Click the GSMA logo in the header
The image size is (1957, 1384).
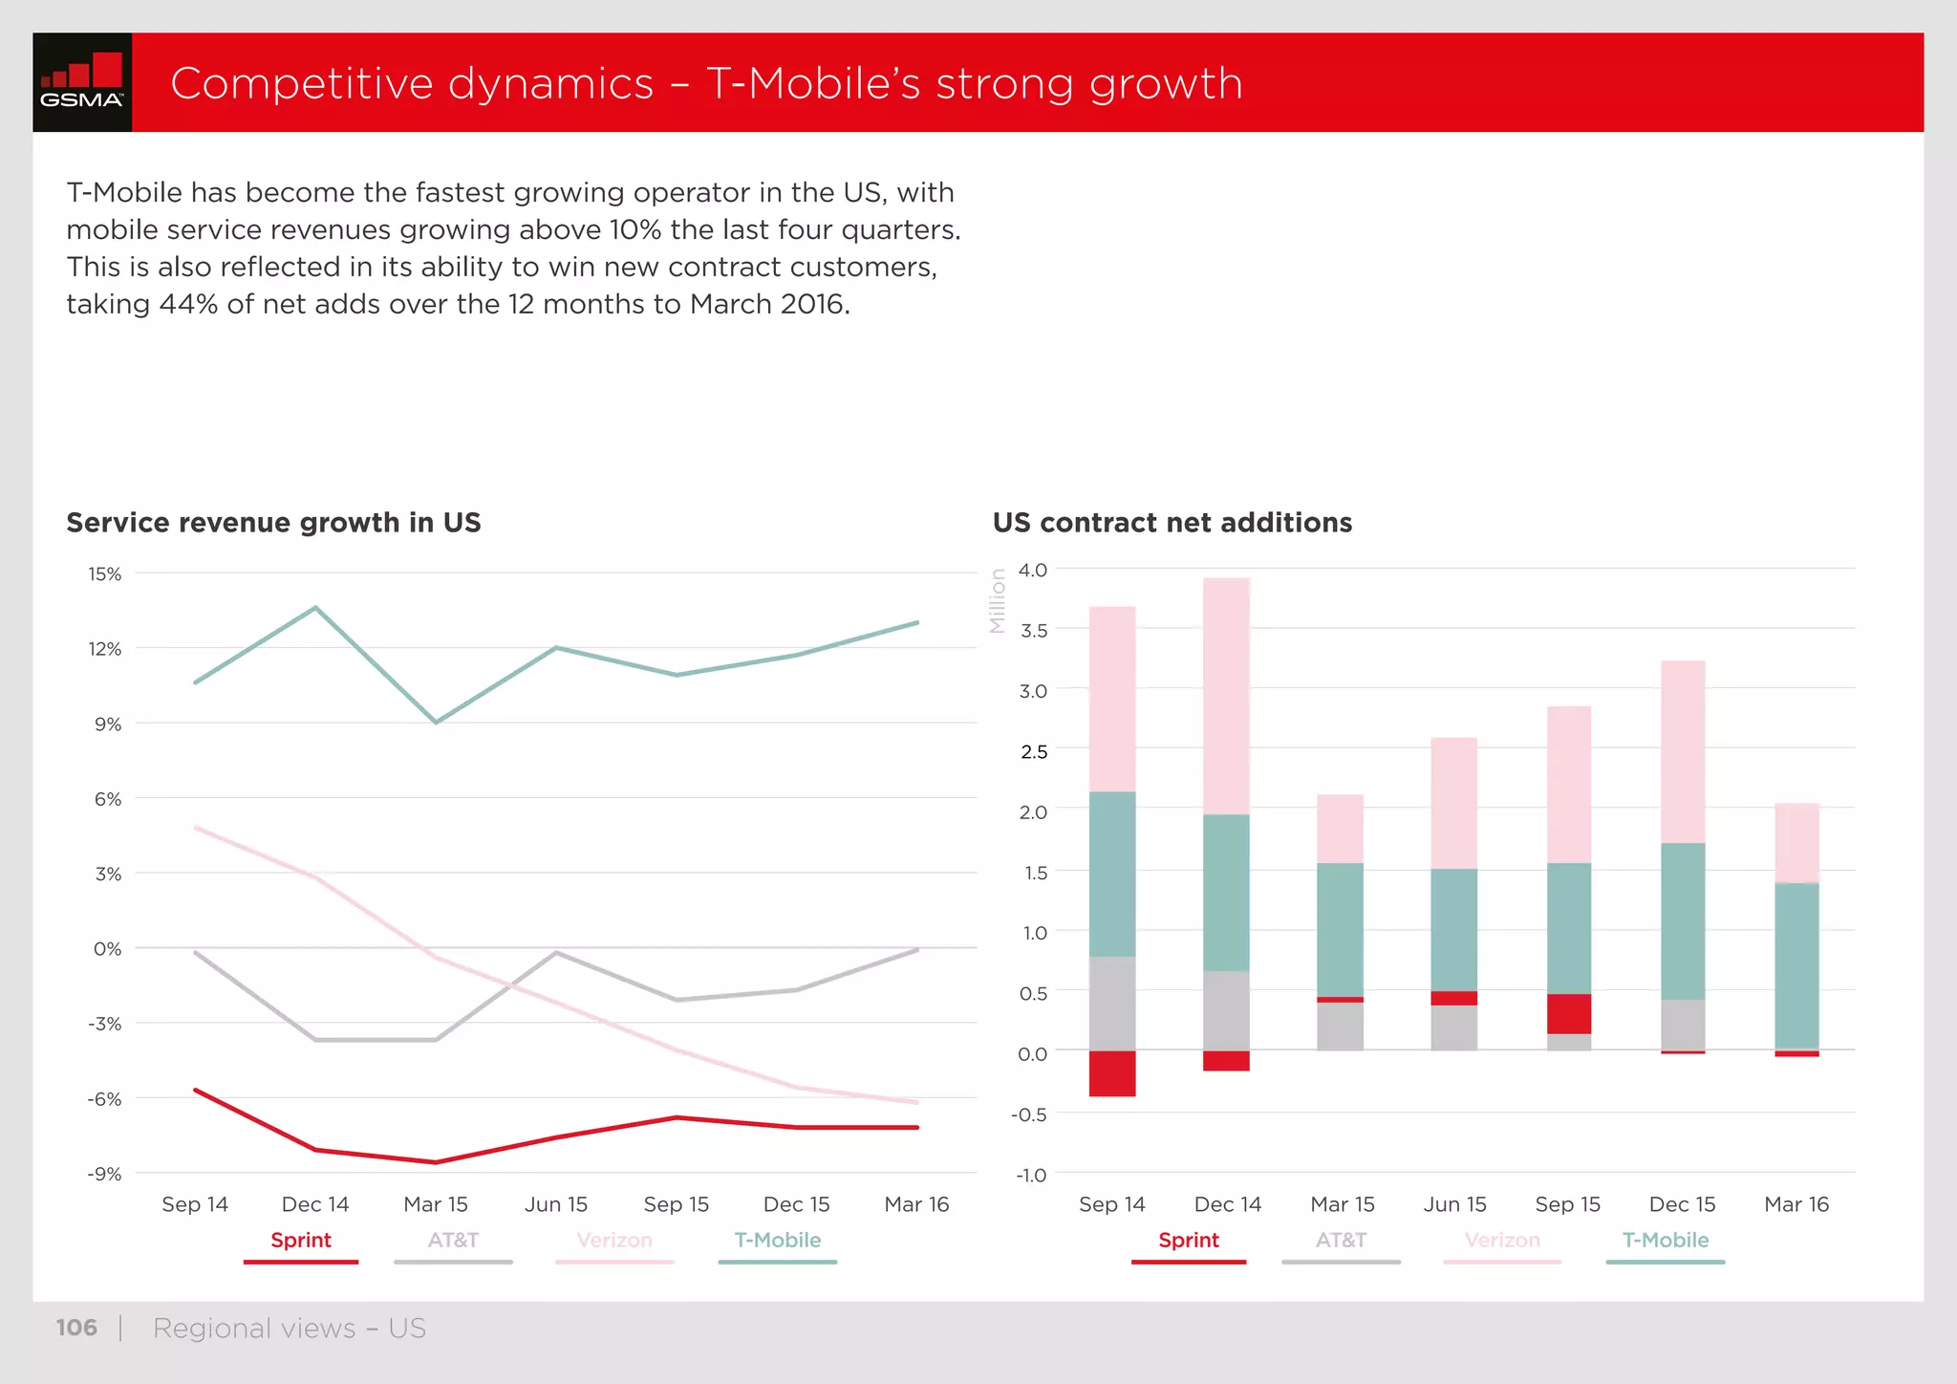tap(82, 82)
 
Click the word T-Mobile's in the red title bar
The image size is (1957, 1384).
tap(813, 83)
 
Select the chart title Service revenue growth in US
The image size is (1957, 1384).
tap(273, 523)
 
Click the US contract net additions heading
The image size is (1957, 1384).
tap(1172, 523)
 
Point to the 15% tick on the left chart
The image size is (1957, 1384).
tap(105, 574)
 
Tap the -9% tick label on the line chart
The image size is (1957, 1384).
tap(105, 1174)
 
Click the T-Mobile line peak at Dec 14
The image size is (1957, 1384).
tap(315, 608)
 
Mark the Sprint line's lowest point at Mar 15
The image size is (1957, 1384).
tap(436, 1162)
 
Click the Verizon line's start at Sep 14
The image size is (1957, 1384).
tap(196, 828)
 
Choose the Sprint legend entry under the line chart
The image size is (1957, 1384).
tap(301, 1241)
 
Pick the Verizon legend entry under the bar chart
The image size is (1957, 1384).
tap(1502, 1241)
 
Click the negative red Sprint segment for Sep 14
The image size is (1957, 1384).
tap(1112, 1073)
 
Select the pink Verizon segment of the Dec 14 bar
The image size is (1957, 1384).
tap(1226, 696)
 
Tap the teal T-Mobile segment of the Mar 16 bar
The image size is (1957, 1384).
tap(1796, 965)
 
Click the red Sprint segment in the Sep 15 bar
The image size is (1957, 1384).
tap(1569, 1013)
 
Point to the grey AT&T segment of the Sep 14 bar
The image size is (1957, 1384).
tap(1112, 1003)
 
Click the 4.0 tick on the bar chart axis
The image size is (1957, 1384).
tap(1033, 571)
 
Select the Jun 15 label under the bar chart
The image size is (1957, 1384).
tap(1454, 1204)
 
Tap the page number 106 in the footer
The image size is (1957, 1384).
tap(76, 1328)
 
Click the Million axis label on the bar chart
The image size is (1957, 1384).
tap(998, 601)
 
